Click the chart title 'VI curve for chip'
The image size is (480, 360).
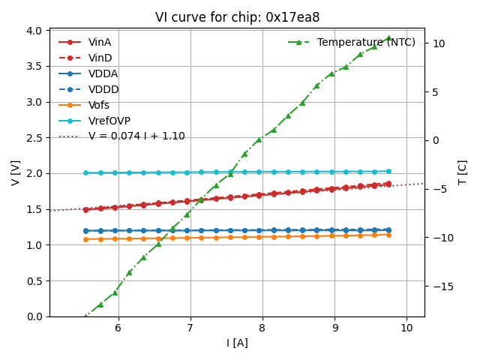tap(237, 17)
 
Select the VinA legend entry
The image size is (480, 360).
tap(100, 42)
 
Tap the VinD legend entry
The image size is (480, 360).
tap(100, 58)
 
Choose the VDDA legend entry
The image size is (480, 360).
tap(103, 73)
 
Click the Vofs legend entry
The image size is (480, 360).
tap(99, 105)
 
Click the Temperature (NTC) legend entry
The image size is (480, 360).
tap(366, 42)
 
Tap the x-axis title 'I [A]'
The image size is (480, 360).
tap(237, 343)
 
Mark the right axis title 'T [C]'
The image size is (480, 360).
tap(462, 172)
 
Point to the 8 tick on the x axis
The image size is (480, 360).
tap(262, 328)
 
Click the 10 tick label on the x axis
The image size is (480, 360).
tap(406, 328)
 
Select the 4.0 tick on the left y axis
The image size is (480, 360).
tap(34, 31)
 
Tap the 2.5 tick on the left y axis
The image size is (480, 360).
tap(34, 138)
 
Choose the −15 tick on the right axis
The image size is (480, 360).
tap(439, 286)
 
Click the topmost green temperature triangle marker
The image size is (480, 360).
tap(388, 37)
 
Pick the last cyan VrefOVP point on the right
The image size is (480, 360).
tap(388, 171)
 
